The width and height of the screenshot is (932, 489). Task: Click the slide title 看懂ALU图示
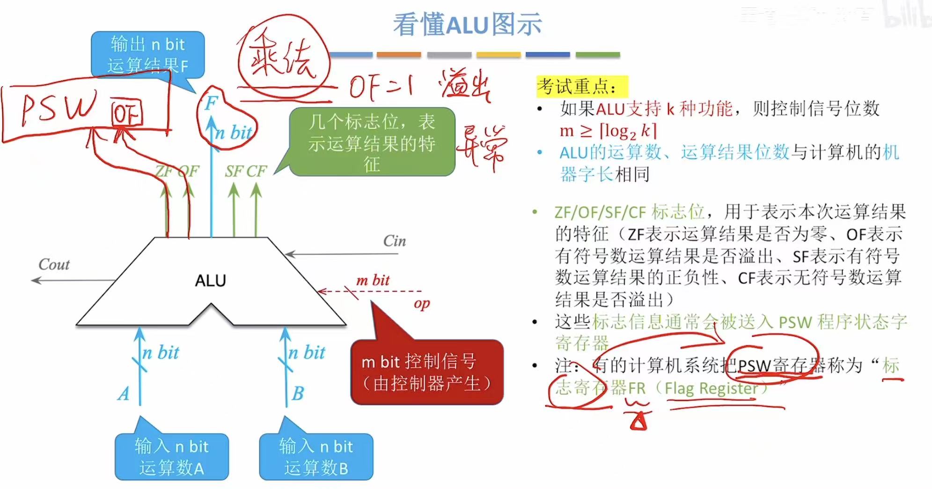[x=467, y=24]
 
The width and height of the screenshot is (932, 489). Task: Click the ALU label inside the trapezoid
[x=211, y=281]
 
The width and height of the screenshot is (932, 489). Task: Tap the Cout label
[x=54, y=265]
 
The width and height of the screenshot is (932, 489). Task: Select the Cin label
[x=394, y=241]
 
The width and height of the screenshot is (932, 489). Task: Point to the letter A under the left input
[x=124, y=394]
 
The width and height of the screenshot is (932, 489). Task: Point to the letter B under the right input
[x=298, y=394]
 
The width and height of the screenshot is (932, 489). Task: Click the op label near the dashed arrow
[x=421, y=304]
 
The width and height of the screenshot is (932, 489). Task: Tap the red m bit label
[x=373, y=281]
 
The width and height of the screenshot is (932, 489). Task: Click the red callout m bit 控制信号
[x=426, y=372]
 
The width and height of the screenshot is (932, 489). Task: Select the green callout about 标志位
[x=372, y=142]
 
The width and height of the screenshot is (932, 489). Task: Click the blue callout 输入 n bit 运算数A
[x=171, y=457]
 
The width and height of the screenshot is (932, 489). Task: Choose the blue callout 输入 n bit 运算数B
[x=316, y=457]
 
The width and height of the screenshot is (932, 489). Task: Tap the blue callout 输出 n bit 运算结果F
[x=147, y=54]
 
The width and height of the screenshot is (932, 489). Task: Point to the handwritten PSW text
[x=59, y=109]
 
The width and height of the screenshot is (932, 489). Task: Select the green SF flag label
[x=234, y=171]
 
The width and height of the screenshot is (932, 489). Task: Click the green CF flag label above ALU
[x=257, y=171]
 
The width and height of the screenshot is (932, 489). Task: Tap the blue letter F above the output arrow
[x=212, y=103]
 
